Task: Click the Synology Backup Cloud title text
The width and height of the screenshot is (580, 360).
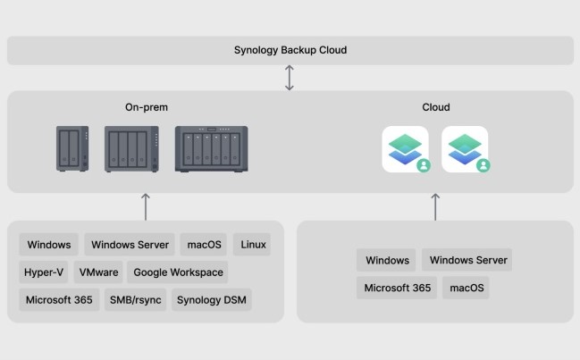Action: point(290,50)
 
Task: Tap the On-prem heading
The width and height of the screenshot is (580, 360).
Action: point(147,107)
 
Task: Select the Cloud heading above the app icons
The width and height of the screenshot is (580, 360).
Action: point(436,107)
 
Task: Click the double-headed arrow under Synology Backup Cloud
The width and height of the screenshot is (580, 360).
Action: point(290,77)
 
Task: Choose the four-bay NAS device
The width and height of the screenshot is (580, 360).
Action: point(131,149)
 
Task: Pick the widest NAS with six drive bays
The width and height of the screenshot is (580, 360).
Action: point(212,149)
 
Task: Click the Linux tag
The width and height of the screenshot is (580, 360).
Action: point(251,245)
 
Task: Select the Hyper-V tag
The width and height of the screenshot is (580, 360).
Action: point(42,272)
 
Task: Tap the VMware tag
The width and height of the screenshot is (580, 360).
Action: point(98,272)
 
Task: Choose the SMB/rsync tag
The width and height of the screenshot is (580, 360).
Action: point(134,300)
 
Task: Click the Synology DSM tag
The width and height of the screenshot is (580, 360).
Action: point(211,300)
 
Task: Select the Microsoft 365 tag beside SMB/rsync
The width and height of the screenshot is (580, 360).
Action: point(59,300)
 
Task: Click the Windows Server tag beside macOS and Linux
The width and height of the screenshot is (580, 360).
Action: point(130,245)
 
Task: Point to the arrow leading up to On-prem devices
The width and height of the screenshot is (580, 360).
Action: point(146,205)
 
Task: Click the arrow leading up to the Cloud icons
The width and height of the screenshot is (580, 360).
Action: point(435,205)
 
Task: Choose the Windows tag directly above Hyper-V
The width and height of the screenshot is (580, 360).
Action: point(49,245)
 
